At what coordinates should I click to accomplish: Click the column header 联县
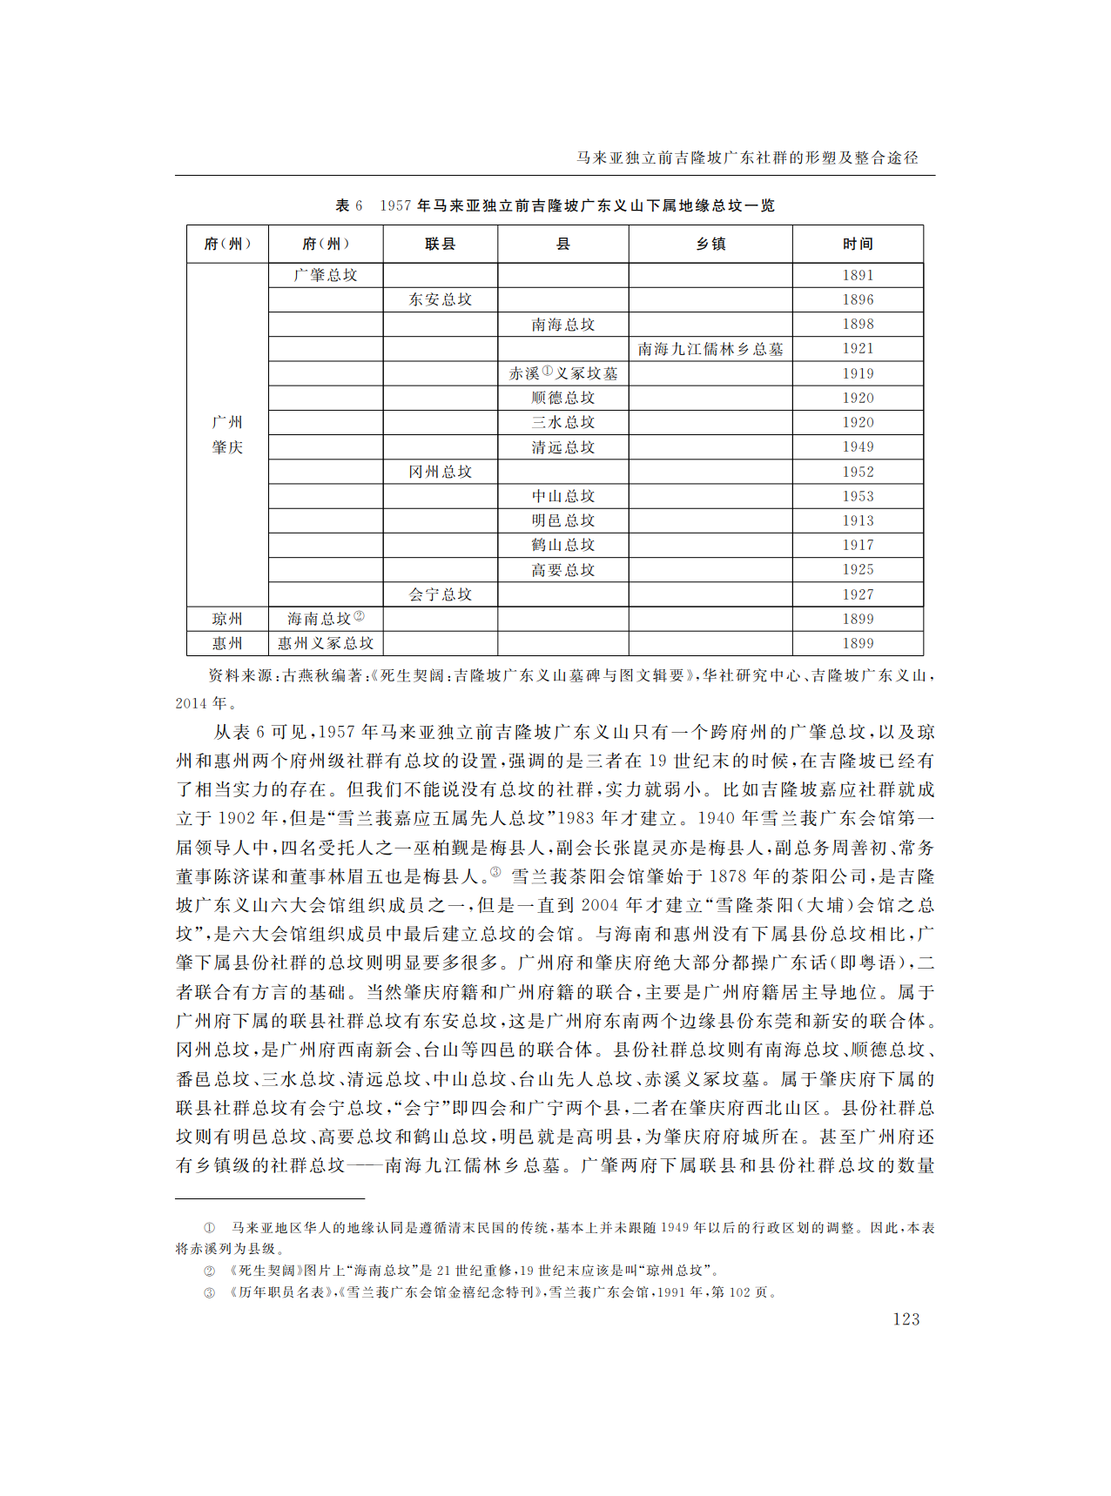tap(440, 244)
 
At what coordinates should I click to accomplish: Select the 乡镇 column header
tap(710, 244)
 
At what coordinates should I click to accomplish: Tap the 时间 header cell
tap(857, 244)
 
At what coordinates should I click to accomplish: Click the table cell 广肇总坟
tap(326, 275)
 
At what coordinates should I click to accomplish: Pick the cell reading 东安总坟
tap(440, 299)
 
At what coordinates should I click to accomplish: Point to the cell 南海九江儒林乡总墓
tap(710, 349)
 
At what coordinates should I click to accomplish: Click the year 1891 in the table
tap(857, 275)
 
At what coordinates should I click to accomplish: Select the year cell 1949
tap(857, 446)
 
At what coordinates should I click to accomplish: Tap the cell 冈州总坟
tap(440, 472)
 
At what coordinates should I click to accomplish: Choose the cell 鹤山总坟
tap(562, 545)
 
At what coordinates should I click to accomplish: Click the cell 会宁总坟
tap(440, 594)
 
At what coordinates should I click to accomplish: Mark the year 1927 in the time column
tap(857, 594)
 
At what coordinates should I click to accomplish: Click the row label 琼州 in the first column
tap(227, 619)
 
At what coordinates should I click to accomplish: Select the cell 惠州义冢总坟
tap(326, 643)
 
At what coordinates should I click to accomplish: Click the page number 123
tap(906, 1318)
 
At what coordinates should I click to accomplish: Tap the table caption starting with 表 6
tap(555, 205)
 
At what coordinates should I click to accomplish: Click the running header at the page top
tap(747, 158)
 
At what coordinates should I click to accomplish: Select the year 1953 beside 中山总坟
tap(857, 496)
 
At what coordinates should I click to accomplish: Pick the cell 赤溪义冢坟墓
tap(562, 373)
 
